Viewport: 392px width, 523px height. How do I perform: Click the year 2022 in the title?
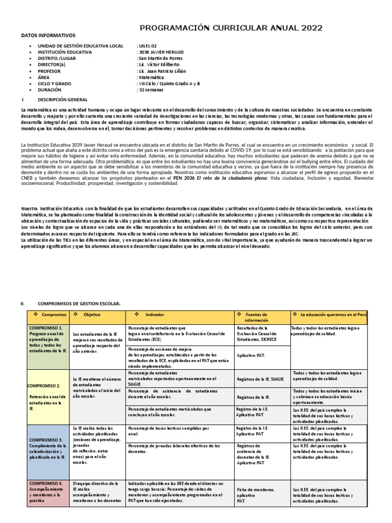click(311, 28)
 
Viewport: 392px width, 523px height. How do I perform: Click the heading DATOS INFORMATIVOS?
click(47, 36)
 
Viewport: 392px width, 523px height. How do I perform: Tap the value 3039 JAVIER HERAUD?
click(160, 53)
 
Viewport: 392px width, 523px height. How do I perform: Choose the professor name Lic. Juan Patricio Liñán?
click(162, 72)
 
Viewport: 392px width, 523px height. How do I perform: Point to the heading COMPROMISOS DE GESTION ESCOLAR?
click(79, 303)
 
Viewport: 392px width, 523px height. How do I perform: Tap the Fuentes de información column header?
click(260, 317)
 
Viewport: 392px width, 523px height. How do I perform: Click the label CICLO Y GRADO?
click(54, 84)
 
